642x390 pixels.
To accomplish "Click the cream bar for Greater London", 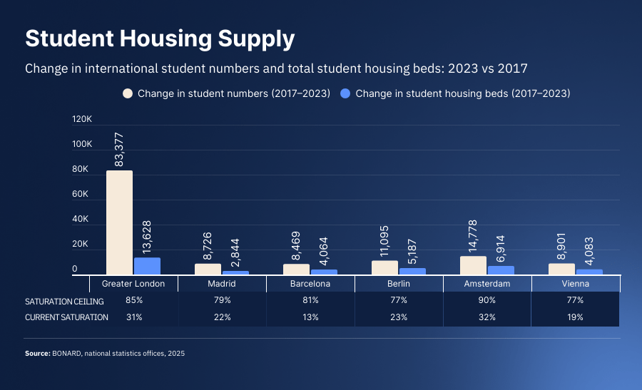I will click(x=119, y=222).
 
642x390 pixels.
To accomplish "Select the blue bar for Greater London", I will click(x=147, y=266).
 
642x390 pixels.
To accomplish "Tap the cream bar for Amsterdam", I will click(x=473, y=265).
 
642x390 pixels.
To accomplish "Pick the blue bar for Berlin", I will click(x=412, y=271).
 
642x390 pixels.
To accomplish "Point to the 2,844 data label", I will click(x=235, y=252).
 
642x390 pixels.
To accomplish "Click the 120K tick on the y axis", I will click(x=83, y=119).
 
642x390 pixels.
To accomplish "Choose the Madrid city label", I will click(x=222, y=284).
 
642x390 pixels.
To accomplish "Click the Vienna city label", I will click(x=576, y=284).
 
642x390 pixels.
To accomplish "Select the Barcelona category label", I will click(x=310, y=284).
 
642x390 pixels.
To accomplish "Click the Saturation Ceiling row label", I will click(x=59, y=301).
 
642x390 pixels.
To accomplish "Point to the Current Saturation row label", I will click(x=66, y=317).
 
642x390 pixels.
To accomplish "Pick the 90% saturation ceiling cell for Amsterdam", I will click(x=487, y=301).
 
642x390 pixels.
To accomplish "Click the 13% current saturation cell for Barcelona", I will click(x=310, y=317).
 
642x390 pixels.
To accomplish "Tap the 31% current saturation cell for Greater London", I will click(x=133, y=317).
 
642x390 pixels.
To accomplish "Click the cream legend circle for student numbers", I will click(x=128, y=93).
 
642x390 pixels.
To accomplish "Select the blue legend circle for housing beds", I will click(x=346, y=93).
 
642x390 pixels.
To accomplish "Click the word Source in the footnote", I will click(x=37, y=353).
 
